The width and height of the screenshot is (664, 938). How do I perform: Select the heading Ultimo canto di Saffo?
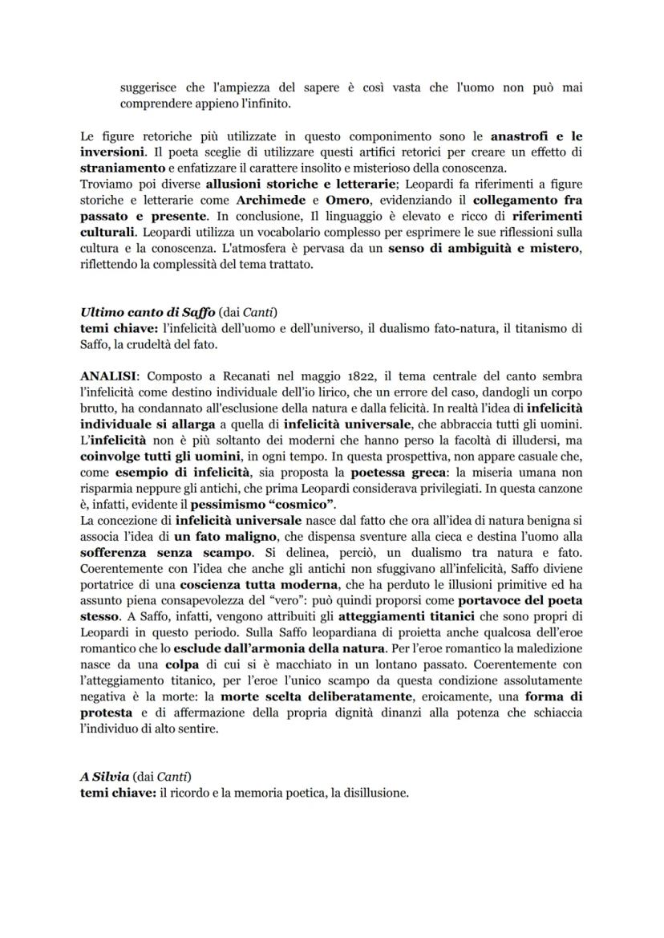(x=142, y=312)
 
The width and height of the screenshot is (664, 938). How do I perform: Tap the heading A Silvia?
(x=106, y=776)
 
